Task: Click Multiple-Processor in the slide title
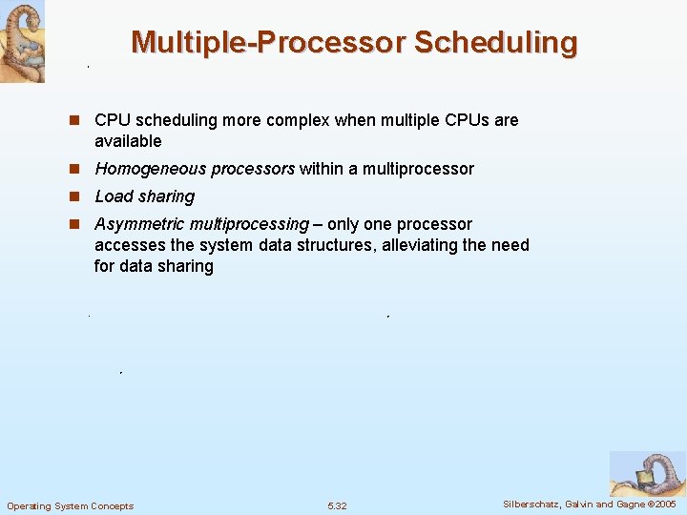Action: coord(269,43)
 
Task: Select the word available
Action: coord(128,141)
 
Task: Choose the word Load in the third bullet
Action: coord(113,196)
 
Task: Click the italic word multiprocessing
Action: coord(249,224)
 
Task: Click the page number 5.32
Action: coord(337,505)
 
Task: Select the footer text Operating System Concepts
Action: coord(71,505)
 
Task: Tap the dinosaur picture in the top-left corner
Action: coord(22,41)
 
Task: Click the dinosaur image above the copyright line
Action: coord(647,473)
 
